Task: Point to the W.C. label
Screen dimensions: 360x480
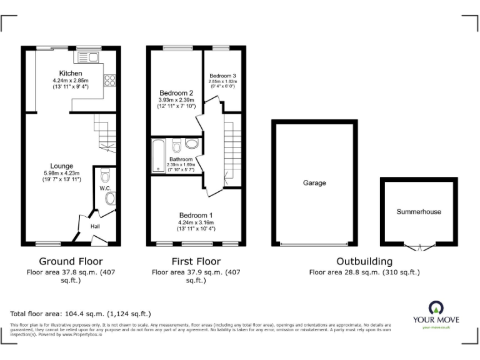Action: pos(104,187)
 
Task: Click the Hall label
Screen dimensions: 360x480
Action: pos(95,226)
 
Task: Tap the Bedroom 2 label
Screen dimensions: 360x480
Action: pos(176,92)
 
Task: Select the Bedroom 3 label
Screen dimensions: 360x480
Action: pos(222,76)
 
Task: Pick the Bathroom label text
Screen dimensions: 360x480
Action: pos(181,159)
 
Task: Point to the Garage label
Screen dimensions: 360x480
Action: pos(314,183)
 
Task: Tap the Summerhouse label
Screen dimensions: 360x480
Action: pos(418,212)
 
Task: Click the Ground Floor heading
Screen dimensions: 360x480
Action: pos(71,261)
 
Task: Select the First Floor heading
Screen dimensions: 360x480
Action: pos(196,261)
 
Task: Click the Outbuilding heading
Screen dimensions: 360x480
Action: pos(364,261)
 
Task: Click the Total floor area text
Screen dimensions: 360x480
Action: pos(81,314)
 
